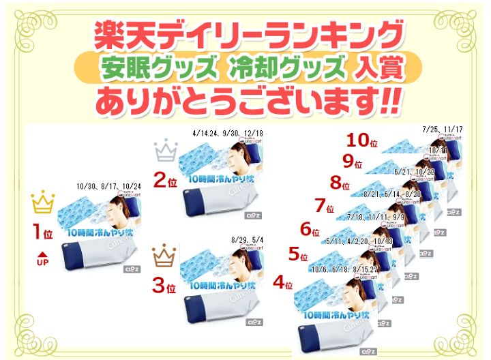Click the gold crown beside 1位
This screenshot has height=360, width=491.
tap(42, 202)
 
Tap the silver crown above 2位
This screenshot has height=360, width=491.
tap(166, 149)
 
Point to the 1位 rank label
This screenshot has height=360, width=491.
tap(42, 232)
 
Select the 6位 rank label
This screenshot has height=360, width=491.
tap(310, 230)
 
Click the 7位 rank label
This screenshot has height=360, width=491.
tap(325, 206)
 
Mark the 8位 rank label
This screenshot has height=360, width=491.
tap(339, 183)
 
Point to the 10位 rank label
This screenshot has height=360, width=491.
tap(362, 140)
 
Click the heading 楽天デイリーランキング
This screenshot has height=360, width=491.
tap(245, 32)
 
